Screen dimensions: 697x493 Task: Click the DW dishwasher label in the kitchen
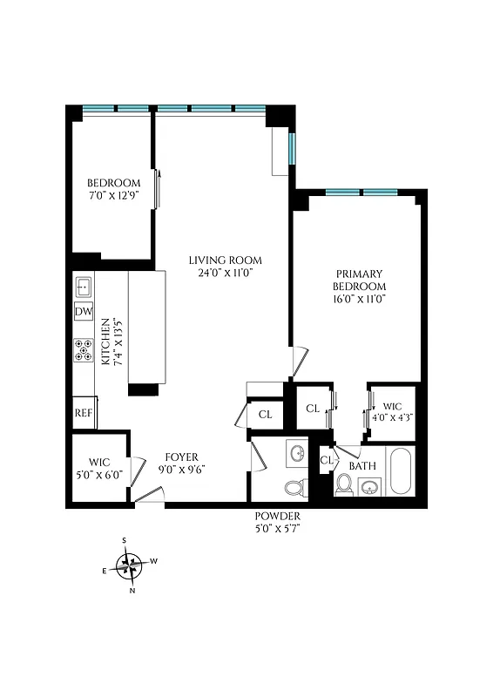84,312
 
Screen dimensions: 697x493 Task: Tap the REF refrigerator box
84,413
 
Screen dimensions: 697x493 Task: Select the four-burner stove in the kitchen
84,349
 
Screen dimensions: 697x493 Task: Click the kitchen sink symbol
84,286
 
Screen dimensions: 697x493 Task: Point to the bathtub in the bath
402,472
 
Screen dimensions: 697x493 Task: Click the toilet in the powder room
294,489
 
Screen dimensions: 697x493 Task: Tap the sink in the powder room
298,455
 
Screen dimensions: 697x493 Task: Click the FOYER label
181,457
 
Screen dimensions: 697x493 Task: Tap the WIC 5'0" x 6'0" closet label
98,470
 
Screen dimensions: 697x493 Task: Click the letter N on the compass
132,591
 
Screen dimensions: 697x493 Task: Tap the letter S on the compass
125,541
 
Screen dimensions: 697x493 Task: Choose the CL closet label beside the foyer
265,415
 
